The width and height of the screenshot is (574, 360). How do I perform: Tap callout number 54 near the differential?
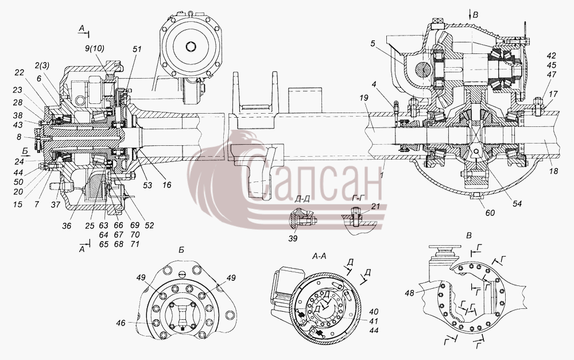click(x=517, y=203)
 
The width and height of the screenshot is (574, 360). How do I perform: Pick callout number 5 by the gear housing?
click(x=373, y=44)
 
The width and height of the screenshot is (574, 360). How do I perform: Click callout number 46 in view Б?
click(x=121, y=323)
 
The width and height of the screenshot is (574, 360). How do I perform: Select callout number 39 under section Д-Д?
click(x=293, y=238)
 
